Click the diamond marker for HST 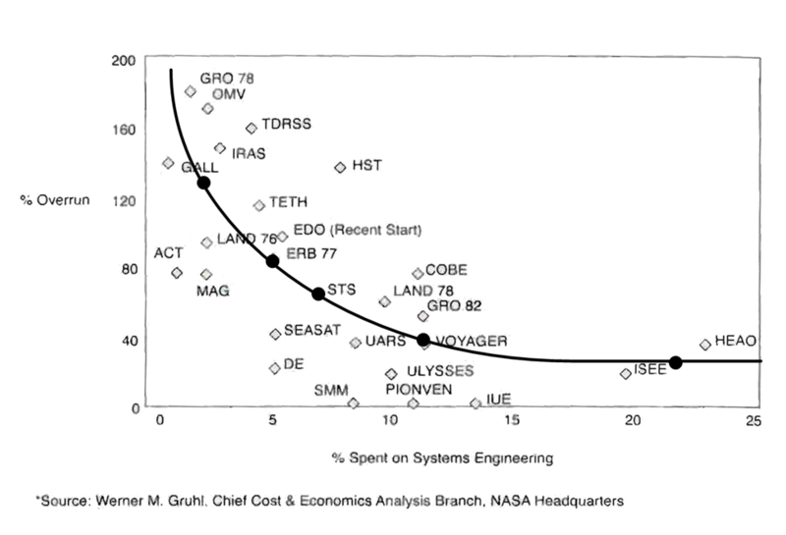(340, 168)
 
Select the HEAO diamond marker (704, 345)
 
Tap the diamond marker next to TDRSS (251, 128)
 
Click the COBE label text (446, 270)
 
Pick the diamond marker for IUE (476, 402)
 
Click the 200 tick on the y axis (128, 61)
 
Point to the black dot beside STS (318, 294)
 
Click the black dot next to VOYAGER (423, 340)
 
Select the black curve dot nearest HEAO (675, 362)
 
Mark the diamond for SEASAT (275, 334)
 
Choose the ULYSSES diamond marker (391, 374)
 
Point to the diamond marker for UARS (355, 343)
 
